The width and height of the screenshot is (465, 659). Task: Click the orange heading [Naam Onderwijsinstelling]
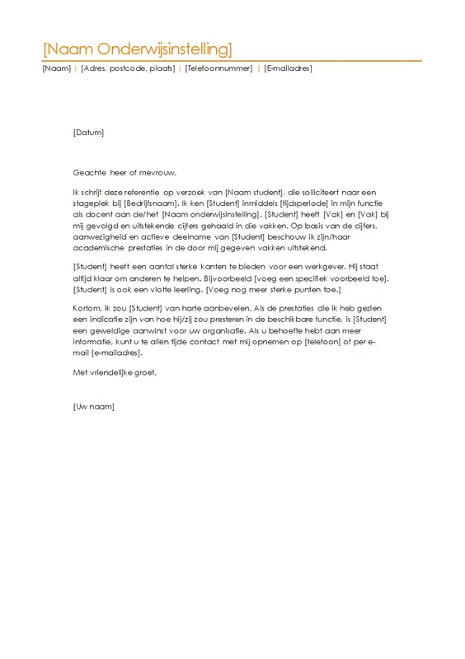137,47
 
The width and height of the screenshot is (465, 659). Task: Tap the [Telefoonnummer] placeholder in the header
218,68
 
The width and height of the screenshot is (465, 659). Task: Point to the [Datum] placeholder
88,132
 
